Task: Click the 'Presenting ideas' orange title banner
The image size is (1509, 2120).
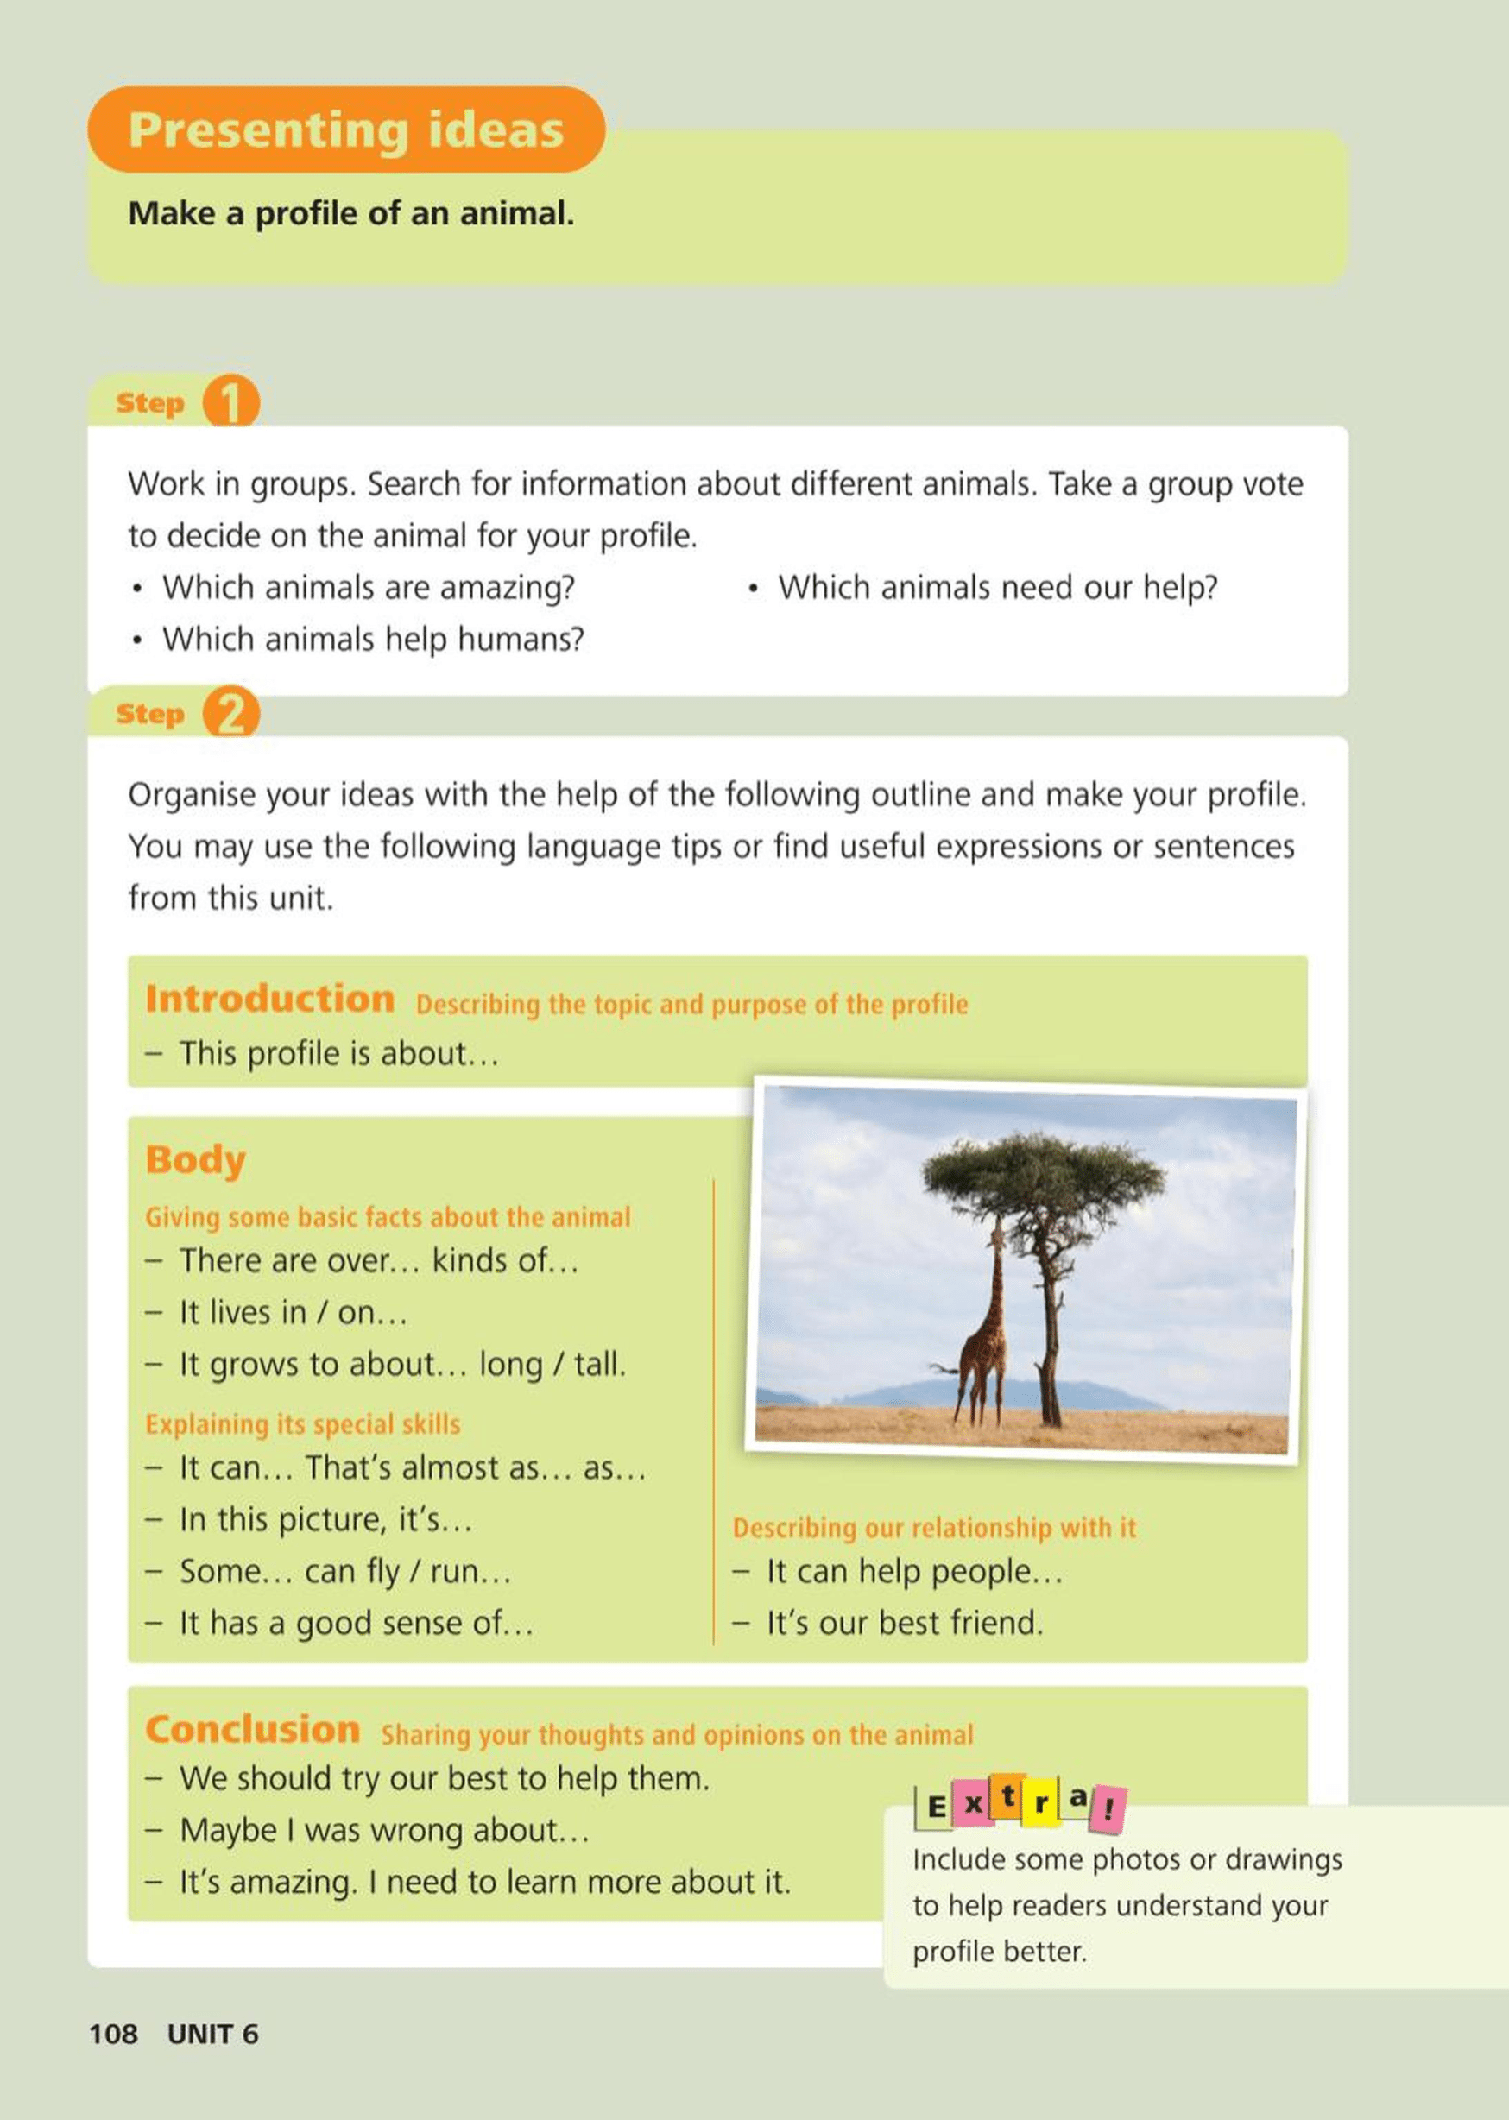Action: (x=345, y=129)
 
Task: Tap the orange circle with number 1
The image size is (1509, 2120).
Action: (x=230, y=401)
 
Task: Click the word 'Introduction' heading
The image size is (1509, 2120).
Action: (x=269, y=999)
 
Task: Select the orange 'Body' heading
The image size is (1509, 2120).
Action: (x=195, y=1159)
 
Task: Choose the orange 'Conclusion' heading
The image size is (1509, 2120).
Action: (x=252, y=1730)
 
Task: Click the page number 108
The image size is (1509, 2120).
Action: (x=112, y=2034)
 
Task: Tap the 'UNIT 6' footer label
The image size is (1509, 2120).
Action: (x=212, y=2034)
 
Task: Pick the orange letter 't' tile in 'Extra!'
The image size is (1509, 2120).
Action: (x=1007, y=1798)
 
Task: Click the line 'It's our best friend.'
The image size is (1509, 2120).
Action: (x=904, y=1622)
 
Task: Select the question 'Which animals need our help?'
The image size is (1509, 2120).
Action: (x=997, y=587)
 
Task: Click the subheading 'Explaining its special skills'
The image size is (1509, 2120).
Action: (x=303, y=1424)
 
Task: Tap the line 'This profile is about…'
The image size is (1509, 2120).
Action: (x=338, y=1053)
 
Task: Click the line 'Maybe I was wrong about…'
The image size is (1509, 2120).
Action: (x=384, y=1830)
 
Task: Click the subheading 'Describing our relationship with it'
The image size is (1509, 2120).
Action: (x=934, y=1528)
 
